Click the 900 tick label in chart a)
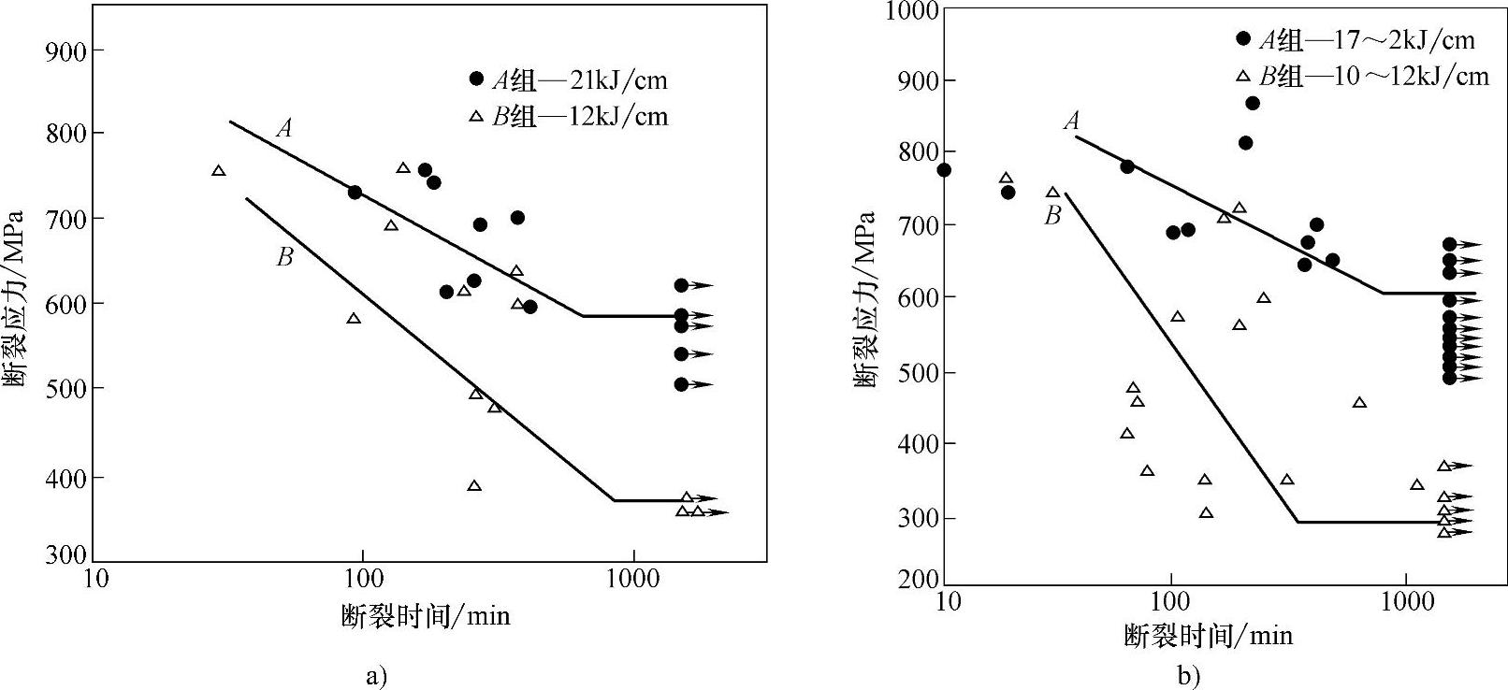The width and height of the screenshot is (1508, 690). [65, 50]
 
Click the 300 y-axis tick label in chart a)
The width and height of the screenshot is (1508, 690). [65, 555]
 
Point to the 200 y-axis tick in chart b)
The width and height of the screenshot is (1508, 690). [918, 580]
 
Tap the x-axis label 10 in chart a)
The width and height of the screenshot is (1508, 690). [96, 579]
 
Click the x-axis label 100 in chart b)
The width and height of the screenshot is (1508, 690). [1171, 601]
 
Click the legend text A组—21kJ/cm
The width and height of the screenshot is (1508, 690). [580, 80]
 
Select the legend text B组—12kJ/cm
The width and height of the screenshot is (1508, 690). [580, 117]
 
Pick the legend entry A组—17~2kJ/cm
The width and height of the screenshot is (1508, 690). [1366, 39]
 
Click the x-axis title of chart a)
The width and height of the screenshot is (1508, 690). [426, 615]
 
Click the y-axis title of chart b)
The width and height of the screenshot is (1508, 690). [865, 299]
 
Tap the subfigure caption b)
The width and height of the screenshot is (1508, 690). [1189, 675]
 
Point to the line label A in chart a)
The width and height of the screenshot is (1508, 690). [284, 128]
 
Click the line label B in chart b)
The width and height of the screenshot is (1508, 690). [1052, 216]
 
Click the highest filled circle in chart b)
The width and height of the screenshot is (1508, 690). [1253, 103]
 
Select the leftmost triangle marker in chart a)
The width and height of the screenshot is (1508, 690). [219, 170]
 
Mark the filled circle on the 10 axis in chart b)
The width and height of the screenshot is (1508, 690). [944, 169]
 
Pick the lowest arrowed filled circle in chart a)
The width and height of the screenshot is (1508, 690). [681, 384]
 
